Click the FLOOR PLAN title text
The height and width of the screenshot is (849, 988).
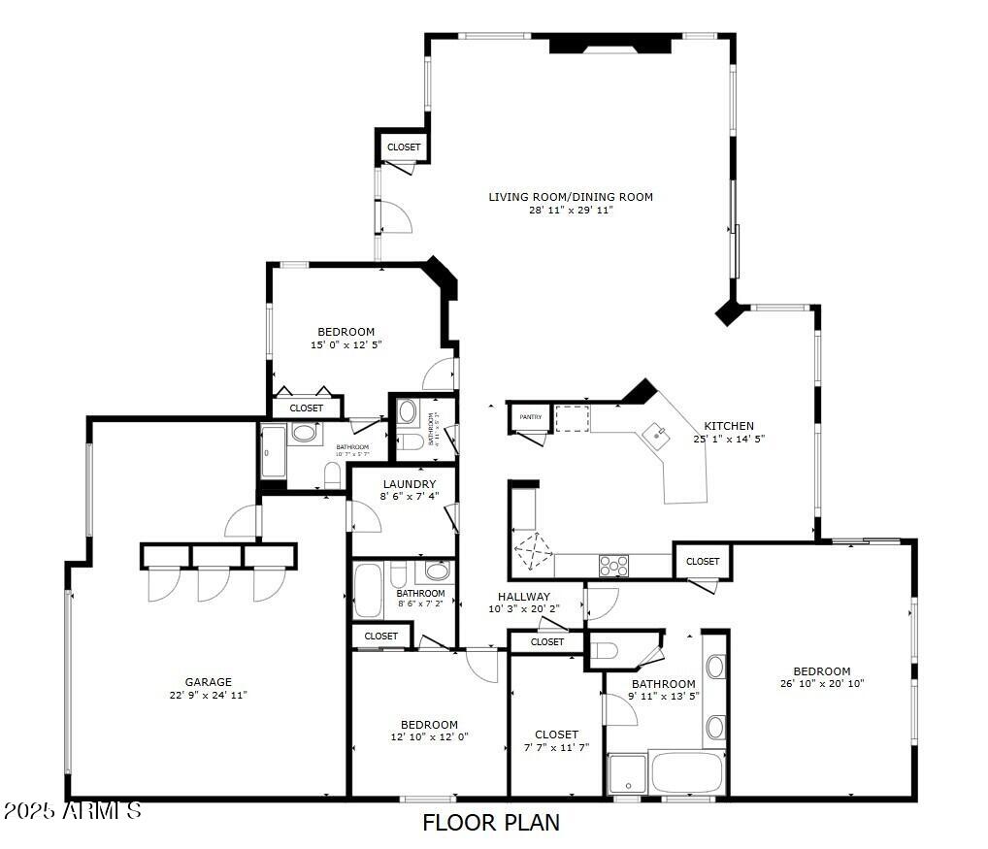(491, 823)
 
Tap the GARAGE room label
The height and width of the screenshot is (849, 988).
(209, 682)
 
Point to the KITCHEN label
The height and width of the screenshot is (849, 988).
(729, 426)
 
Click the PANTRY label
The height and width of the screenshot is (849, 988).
(530, 417)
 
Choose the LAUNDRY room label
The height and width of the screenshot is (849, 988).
(409, 484)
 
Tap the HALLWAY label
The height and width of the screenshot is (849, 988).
(524, 597)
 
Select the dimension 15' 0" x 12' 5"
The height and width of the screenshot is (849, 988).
(346, 344)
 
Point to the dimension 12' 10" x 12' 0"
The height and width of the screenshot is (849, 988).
(429, 736)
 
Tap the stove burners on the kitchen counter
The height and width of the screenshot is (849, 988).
(613, 564)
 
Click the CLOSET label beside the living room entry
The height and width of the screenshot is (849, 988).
(404, 147)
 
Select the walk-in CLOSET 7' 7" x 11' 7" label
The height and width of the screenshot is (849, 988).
(556, 735)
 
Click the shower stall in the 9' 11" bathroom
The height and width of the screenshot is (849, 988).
(627, 774)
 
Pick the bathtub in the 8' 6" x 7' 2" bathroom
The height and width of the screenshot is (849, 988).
(369, 590)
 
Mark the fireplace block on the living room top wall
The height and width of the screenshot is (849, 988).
(610, 44)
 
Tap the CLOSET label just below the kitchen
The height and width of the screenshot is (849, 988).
(703, 561)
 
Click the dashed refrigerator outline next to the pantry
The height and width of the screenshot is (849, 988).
(572, 418)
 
